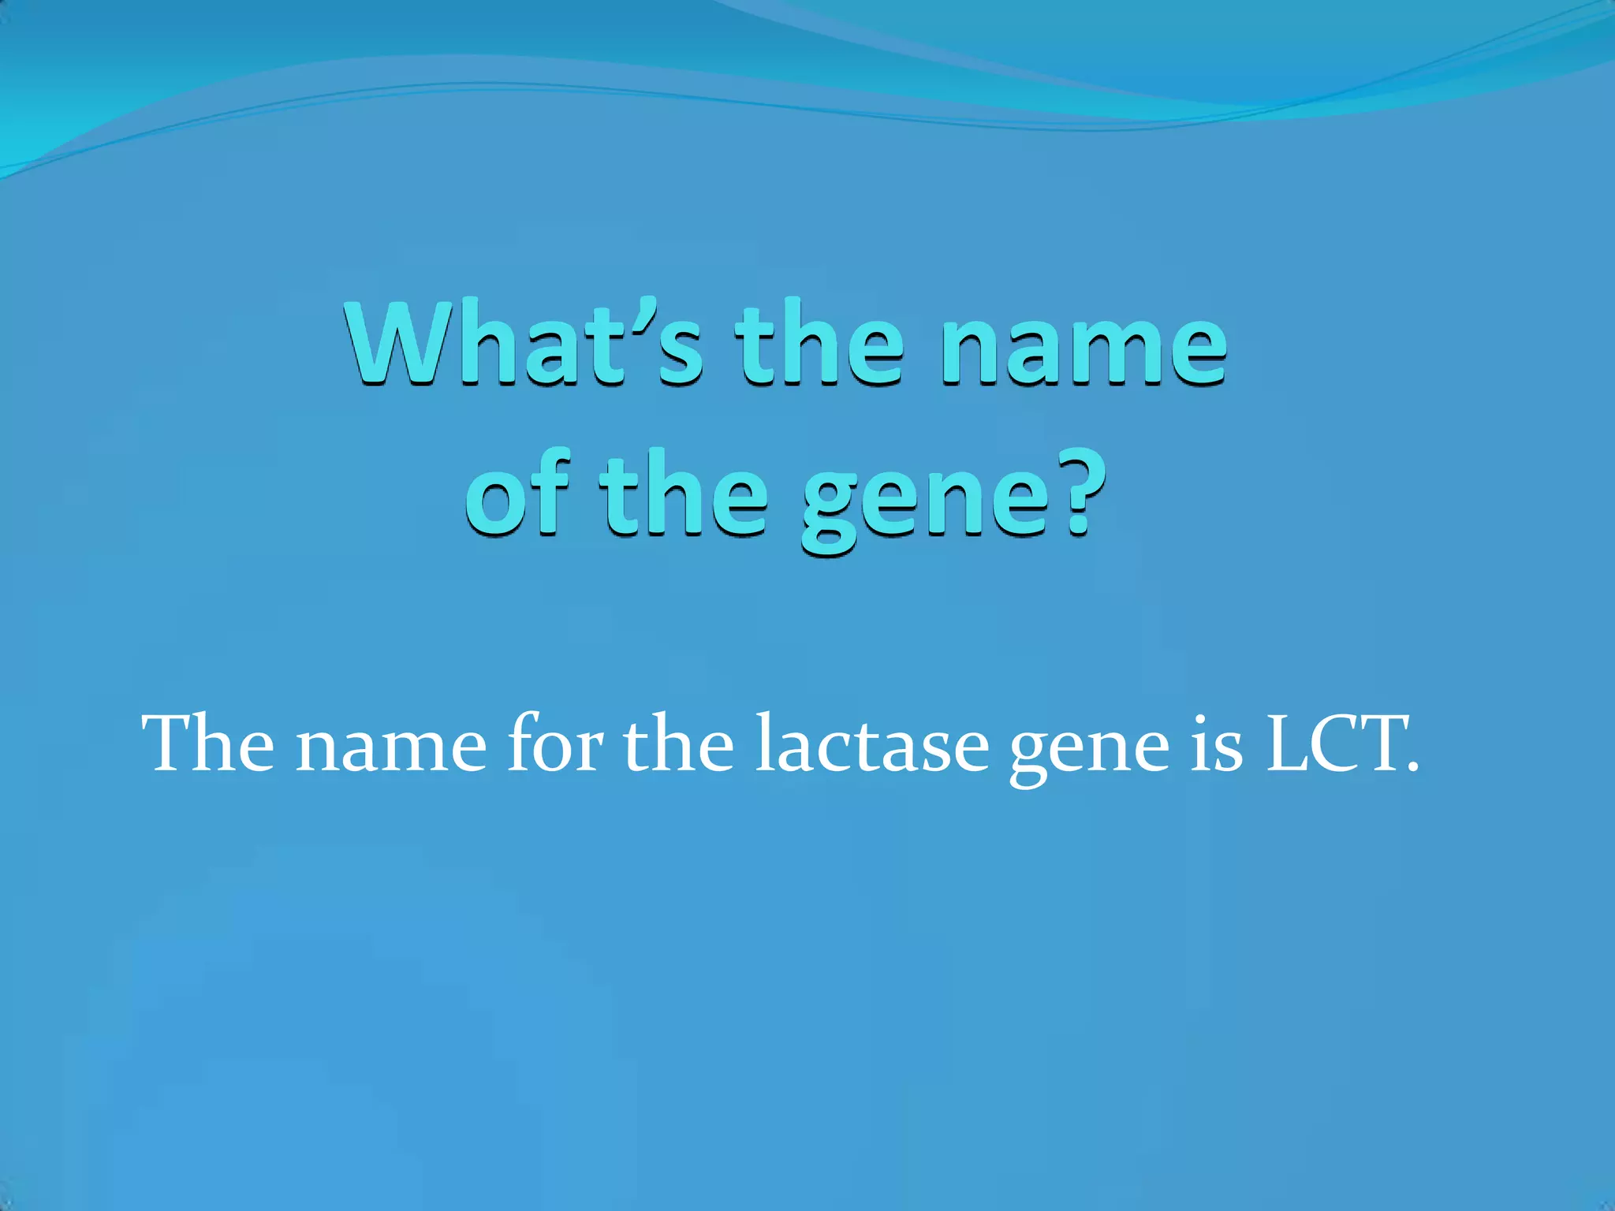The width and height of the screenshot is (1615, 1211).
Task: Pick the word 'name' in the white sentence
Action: (x=391, y=749)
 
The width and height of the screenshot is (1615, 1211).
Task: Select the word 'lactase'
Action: (x=871, y=745)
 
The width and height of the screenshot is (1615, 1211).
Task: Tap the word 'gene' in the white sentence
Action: (x=1089, y=753)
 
